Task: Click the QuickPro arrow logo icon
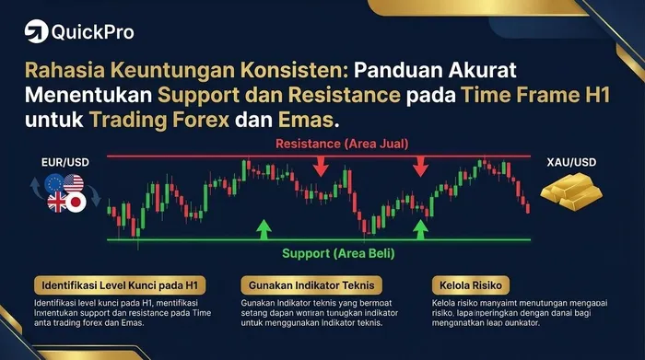tap(36, 31)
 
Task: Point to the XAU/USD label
tap(572, 161)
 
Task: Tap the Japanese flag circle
tap(73, 202)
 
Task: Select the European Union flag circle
tap(52, 182)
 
